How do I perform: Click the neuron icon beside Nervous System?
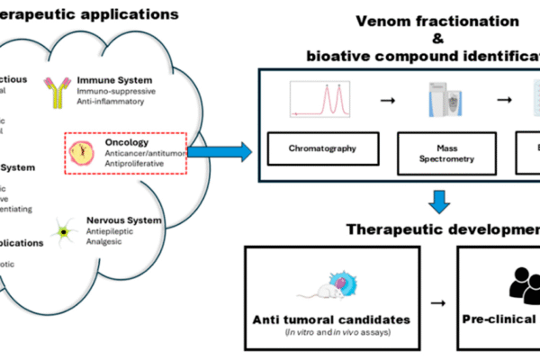click(x=64, y=231)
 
